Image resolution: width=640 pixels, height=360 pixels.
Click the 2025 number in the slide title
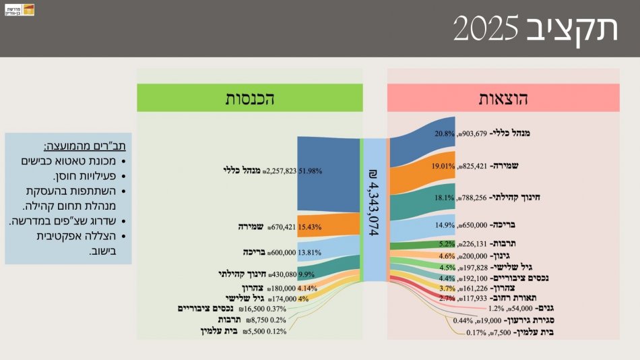click(486, 30)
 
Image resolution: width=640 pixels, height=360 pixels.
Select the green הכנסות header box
click(249, 98)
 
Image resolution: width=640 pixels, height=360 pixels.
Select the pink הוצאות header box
click(503, 98)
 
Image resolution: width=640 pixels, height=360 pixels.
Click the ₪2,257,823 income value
click(280, 171)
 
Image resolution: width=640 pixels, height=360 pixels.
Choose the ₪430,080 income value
click(282, 274)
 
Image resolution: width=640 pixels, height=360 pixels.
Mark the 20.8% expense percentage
click(445, 133)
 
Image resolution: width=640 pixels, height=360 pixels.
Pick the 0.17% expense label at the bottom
click(477, 332)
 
